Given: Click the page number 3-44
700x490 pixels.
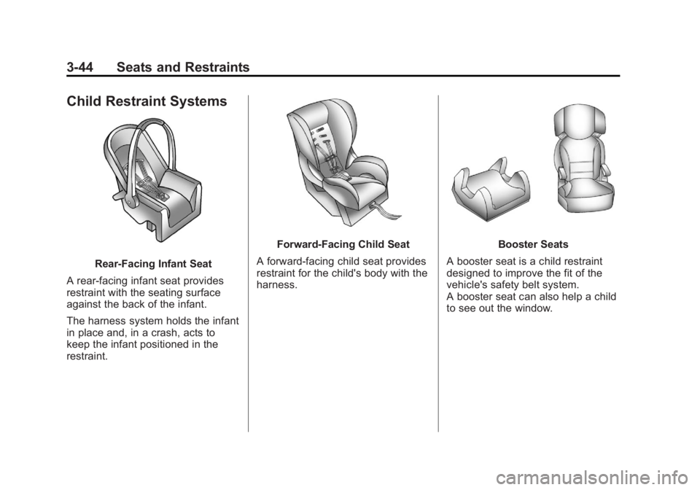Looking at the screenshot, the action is (80, 67).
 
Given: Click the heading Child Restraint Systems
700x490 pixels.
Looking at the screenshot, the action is (147, 101).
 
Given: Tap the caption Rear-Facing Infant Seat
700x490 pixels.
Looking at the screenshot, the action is (153, 264).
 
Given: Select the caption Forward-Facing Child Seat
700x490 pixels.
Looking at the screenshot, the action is (343, 244).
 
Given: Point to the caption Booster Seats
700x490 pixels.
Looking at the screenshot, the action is (533, 244).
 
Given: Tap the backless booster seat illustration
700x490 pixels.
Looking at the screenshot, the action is (491, 189).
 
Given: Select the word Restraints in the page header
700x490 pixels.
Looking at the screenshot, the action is (217, 67).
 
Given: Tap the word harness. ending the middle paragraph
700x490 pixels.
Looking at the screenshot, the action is (277, 284).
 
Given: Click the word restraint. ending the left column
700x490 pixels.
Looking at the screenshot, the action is (87, 357).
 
